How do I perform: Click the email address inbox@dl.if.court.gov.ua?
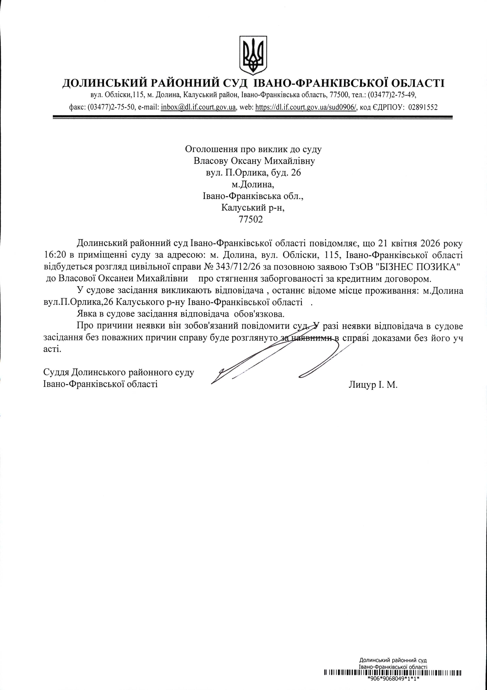point(198,107)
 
